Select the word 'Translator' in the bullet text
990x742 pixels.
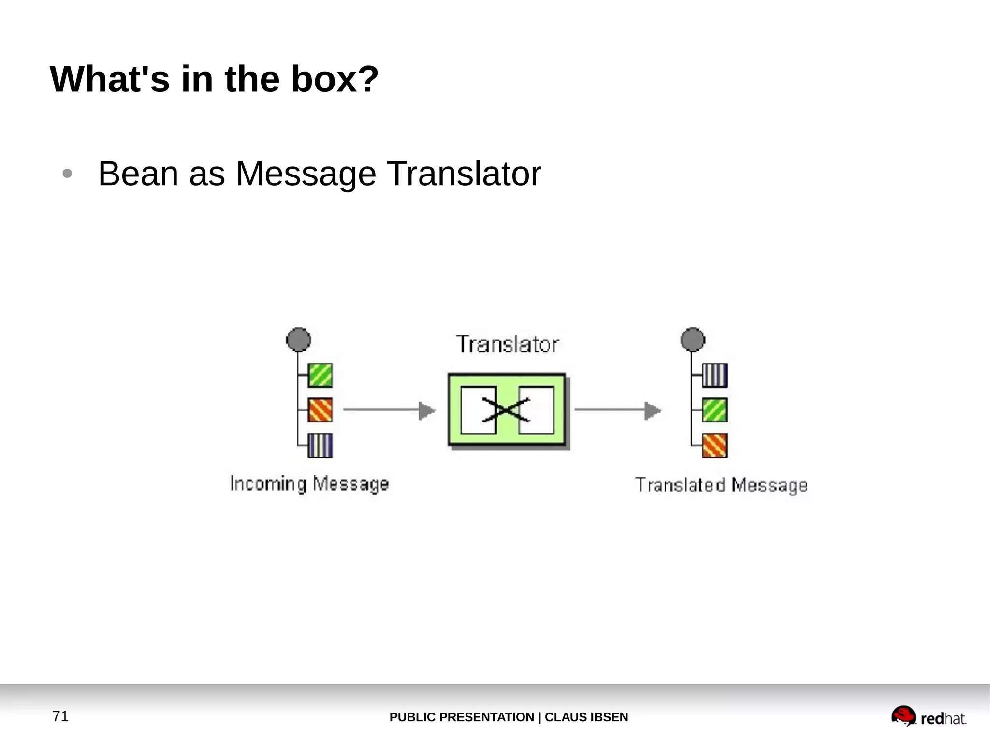(x=464, y=174)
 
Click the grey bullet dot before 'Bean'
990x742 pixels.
(x=67, y=174)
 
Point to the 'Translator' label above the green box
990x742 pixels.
(x=507, y=345)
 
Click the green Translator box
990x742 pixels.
(x=507, y=409)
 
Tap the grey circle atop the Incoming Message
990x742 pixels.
(x=299, y=340)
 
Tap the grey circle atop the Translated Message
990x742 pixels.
(x=693, y=340)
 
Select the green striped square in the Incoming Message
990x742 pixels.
(x=320, y=375)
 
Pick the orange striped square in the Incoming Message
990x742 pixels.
(x=320, y=410)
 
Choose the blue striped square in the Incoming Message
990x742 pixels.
(x=320, y=445)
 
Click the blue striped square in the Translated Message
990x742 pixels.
(x=714, y=375)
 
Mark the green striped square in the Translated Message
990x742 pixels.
(x=714, y=410)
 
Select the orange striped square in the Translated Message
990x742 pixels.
(x=714, y=445)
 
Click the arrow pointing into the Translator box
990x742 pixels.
(x=389, y=410)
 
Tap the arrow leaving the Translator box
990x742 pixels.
(x=618, y=410)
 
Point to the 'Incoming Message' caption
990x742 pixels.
(x=309, y=484)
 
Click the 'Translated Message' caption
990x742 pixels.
(x=721, y=485)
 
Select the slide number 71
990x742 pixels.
(x=60, y=716)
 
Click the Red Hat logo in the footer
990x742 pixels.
(x=929, y=717)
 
